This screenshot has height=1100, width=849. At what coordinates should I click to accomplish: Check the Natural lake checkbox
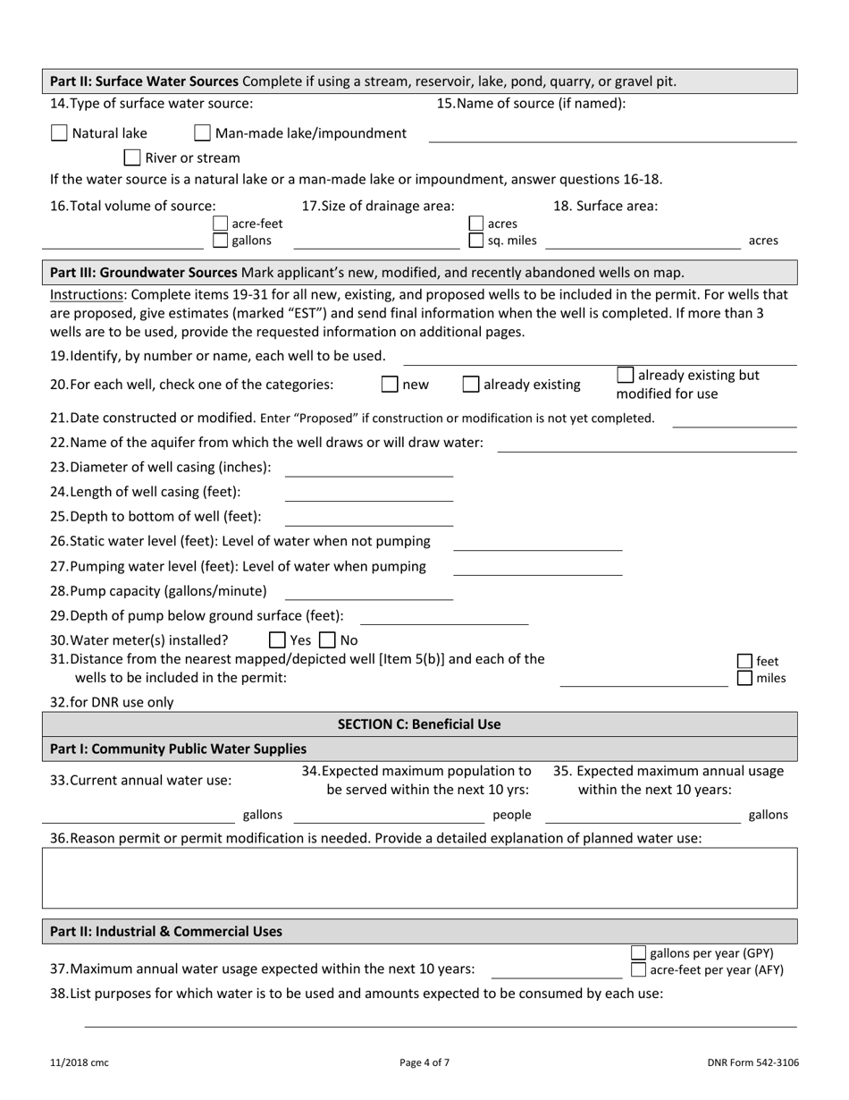(x=59, y=133)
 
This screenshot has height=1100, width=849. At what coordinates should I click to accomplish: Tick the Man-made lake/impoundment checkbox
(x=203, y=133)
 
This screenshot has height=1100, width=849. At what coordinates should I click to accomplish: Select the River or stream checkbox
(x=132, y=158)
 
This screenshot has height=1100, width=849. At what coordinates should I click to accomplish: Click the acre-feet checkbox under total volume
(x=221, y=224)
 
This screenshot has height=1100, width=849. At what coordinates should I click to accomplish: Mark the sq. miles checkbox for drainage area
(x=476, y=241)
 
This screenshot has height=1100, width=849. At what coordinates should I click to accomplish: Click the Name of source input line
(x=612, y=134)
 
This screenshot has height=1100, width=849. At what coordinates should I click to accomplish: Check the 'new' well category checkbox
(x=390, y=385)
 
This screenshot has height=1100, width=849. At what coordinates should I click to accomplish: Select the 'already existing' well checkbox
(x=471, y=385)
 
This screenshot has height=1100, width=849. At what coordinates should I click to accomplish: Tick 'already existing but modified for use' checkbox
(x=626, y=375)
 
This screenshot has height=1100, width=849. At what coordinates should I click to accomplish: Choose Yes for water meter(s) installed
(x=277, y=640)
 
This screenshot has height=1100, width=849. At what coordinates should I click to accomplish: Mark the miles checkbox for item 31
(x=744, y=678)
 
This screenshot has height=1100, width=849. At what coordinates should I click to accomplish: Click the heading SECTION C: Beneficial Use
(x=419, y=724)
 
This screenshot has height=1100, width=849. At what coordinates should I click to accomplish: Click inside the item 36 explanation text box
(x=419, y=877)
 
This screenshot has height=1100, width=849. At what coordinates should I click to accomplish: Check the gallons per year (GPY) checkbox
(x=638, y=952)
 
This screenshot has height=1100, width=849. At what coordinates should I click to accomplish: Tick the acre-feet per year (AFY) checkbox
(x=638, y=969)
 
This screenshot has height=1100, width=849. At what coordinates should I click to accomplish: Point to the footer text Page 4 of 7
(x=424, y=1062)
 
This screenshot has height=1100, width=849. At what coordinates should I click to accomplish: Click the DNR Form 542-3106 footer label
(x=752, y=1062)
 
